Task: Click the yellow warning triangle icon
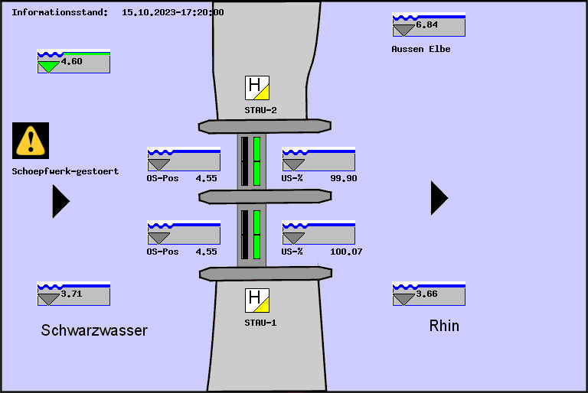click(x=31, y=141)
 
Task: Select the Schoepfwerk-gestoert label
click(x=65, y=171)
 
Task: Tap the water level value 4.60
click(x=71, y=62)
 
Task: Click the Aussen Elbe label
click(x=420, y=49)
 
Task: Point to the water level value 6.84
click(x=426, y=25)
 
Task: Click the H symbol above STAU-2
click(x=257, y=88)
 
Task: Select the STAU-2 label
click(x=260, y=110)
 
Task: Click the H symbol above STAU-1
click(x=257, y=300)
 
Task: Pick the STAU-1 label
click(x=260, y=323)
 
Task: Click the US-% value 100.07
click(x=346, y=252)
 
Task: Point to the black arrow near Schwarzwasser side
click(x=60, y=201)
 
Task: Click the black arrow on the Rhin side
click(x=439, y=198)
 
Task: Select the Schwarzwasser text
click(x=94, y=330)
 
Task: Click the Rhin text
click(x=444, y=326)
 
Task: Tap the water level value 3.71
click(x=71, y=294)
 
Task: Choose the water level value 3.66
click(x=426, y=294)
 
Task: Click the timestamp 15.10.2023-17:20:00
click(x=173, y=12)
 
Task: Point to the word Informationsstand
click(x=60, y=12)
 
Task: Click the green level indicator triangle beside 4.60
click(x=49, y=67)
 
